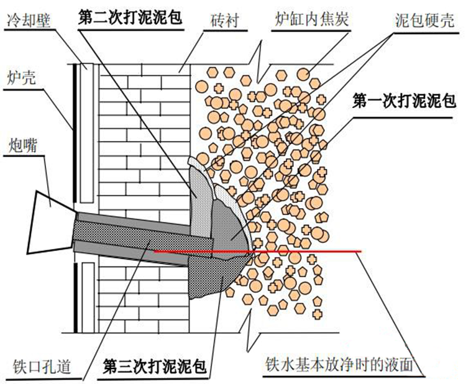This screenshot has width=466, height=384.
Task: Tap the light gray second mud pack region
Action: coord(200,193)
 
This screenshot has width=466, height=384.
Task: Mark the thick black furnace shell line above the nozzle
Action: coord(74,124)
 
